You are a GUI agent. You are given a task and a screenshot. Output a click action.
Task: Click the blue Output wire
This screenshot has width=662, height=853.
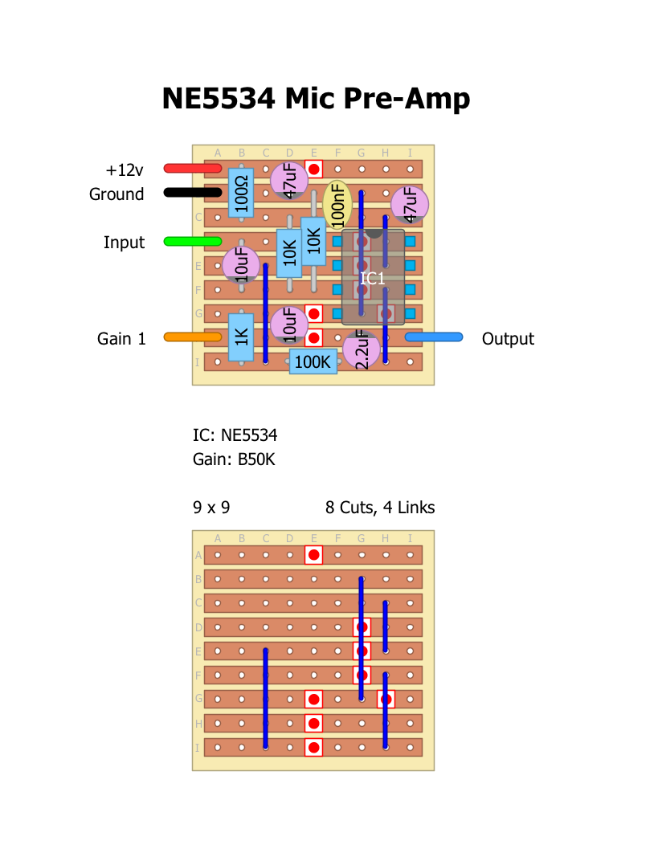[x=434, y=337]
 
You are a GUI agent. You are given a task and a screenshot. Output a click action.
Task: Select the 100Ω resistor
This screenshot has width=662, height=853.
[x=241, y=193]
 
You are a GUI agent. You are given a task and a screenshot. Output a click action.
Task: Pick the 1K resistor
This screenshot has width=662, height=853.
[x=241, y=337]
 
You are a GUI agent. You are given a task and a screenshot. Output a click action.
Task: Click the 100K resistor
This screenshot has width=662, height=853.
[x=313, y=361]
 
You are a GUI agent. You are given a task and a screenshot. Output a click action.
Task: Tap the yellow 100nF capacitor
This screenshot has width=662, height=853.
[x=337, y=205]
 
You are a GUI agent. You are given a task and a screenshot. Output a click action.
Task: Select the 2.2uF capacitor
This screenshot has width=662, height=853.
[x=361, y=350]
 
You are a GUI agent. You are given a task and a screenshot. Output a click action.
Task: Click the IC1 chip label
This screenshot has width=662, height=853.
[x=373, y=279]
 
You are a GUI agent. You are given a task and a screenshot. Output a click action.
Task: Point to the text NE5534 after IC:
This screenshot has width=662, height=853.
[x=249, y=436]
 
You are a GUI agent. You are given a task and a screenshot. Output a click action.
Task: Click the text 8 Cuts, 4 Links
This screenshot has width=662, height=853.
[x=380, y=508]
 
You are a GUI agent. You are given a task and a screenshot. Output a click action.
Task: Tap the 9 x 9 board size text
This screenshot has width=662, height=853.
[x=211, y=508]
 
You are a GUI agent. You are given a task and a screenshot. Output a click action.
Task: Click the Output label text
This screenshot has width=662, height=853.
[x=508, y=339]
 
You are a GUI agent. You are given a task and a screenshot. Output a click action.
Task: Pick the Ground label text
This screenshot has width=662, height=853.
[x=116, y=194]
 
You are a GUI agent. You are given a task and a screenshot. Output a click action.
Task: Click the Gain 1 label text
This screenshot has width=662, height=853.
[x=122, y=339]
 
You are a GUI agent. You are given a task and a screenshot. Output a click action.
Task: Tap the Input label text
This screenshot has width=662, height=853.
[x=124, y=243]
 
